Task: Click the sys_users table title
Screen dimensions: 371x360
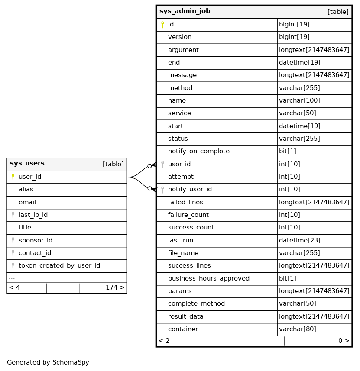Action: point(27,164)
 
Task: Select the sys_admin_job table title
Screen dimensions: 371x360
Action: point(185,11)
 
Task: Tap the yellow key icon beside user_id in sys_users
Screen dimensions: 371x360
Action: point(13,177)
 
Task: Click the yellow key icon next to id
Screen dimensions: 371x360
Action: point(162,25)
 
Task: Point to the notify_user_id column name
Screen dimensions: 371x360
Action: point(190,189)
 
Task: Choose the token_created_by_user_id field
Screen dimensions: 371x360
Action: point(59,265)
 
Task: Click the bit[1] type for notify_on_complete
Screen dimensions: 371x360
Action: point(288,151)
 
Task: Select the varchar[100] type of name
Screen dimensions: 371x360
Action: point(299,100)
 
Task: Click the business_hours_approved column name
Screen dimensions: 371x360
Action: point(208,278)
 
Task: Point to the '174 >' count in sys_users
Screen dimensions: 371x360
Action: point(115,287)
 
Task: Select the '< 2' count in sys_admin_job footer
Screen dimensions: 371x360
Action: point(164,341)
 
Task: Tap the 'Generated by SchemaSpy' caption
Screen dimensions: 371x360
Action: point(48,362)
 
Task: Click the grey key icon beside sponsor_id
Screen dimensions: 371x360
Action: point(13,240)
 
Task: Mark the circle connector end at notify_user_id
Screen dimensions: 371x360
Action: point(149,188)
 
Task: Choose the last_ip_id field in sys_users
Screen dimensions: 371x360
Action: point(33,215)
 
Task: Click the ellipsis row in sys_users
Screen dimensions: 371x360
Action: point(12,277)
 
